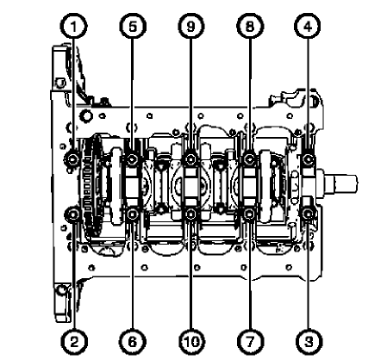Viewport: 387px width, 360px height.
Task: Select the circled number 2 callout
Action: [x=75, y=342]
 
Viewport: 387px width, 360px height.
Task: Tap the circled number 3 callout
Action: [x=309, y=342]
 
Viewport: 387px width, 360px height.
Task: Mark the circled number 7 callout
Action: [x=248, y=342]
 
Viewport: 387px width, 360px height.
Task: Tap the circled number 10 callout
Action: [x=190, y=342]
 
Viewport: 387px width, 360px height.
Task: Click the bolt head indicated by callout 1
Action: [x=75, y=158]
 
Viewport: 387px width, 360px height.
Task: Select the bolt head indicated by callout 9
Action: [x=190, y=158]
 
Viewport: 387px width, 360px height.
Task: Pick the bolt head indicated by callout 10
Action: [x=190, y=212]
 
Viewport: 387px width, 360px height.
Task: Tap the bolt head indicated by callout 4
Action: [x=309, y=158]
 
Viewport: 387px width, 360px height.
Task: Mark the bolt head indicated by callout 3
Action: [x=309, y=212]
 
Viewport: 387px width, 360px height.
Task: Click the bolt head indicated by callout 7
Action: [x=248, y=212]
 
